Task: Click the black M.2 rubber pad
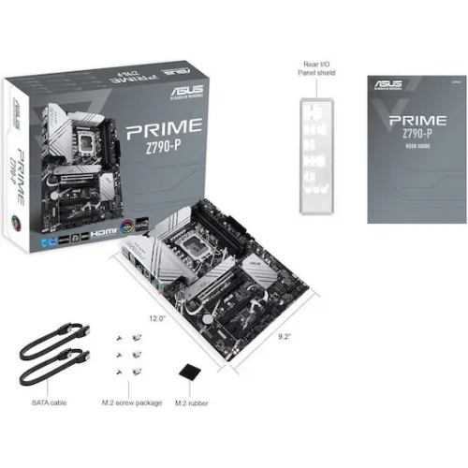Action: click(x=190, y=373)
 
